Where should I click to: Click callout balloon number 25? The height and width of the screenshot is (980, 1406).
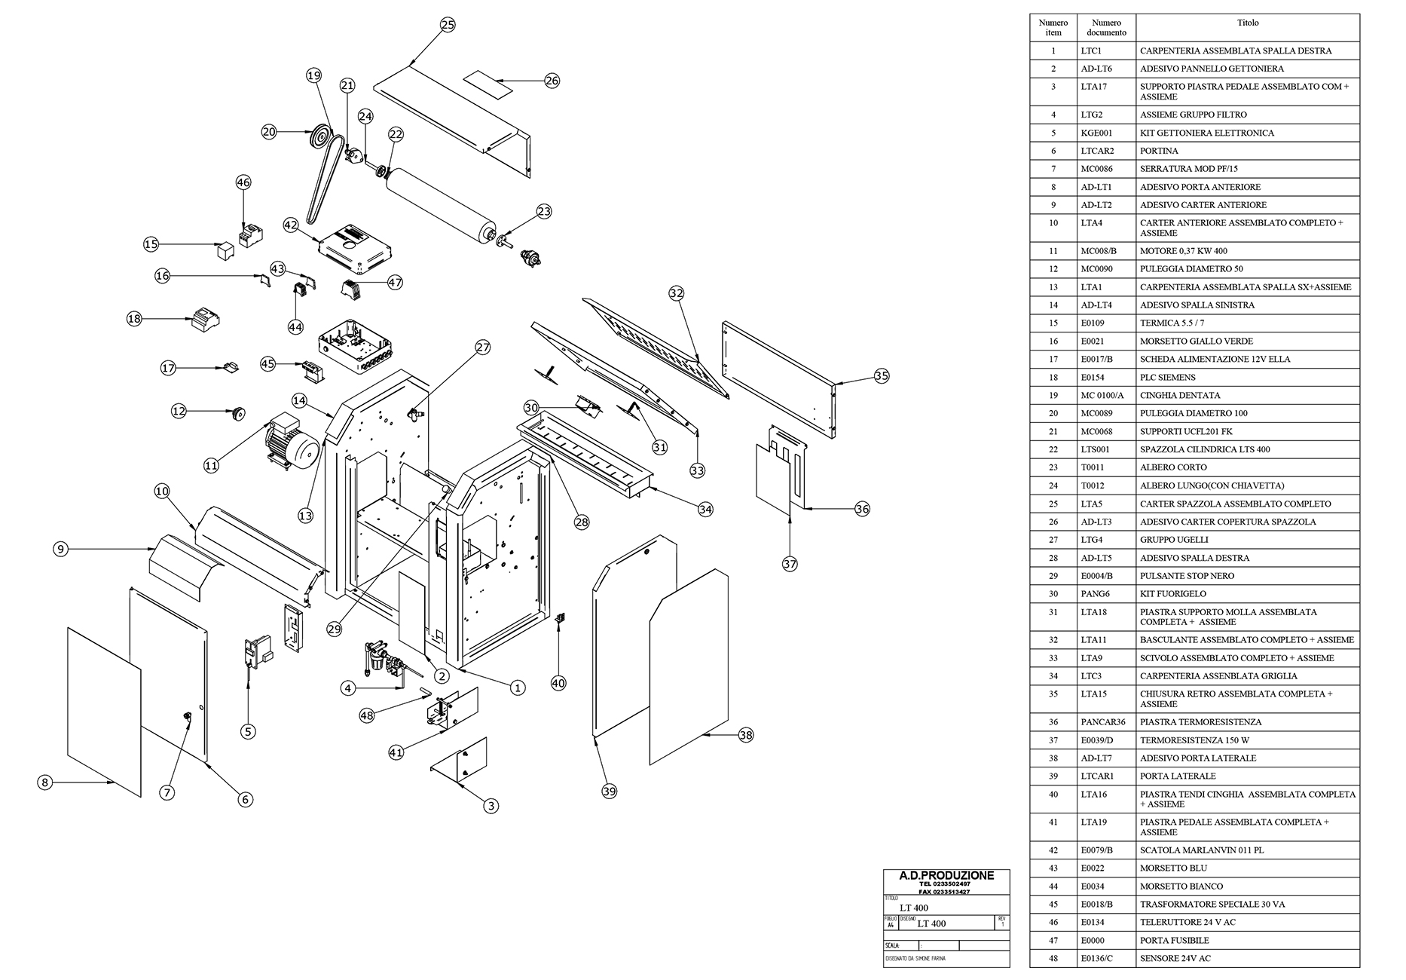point(448,25)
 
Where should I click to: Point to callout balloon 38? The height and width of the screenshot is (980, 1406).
point(745,735)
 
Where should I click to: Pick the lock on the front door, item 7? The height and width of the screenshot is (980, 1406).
point(188,717)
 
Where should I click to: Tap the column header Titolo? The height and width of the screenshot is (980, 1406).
point(1247,23)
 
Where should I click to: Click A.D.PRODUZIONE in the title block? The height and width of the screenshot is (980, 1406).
point(946,875)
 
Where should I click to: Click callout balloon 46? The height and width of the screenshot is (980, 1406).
point(243,182)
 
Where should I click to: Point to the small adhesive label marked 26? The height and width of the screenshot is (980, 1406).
point(488,80)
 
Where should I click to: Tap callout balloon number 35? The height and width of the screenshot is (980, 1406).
point(882,375)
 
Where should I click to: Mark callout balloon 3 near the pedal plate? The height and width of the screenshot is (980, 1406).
point(491,806)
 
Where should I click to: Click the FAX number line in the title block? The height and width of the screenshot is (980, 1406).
point(946,892)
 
